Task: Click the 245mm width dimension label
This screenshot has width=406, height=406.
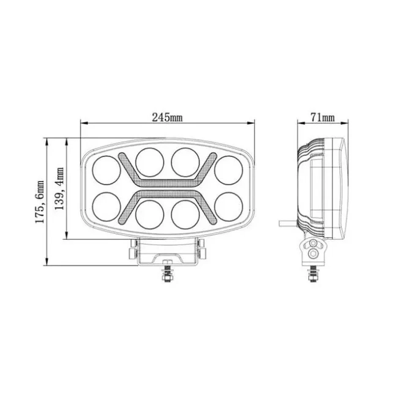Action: [x=167, y=118]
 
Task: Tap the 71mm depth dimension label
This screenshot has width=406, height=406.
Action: [x=322, y=118]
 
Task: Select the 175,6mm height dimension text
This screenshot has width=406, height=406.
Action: [x=39, y=202]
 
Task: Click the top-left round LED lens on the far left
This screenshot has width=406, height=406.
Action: [x=107, y=170]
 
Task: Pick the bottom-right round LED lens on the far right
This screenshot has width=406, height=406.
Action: [x=228, y=206]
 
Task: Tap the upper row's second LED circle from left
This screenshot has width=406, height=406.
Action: [x=150, y=162]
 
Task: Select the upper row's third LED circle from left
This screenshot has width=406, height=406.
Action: [x=185, y=162]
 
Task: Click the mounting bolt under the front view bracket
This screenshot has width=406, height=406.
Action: [x=167, y=273]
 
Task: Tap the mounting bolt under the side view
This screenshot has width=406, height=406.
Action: [x=313, y=274]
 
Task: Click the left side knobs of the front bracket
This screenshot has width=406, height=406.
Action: [x=133, y=248]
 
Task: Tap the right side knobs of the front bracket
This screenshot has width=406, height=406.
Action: [x=201, y=248]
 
